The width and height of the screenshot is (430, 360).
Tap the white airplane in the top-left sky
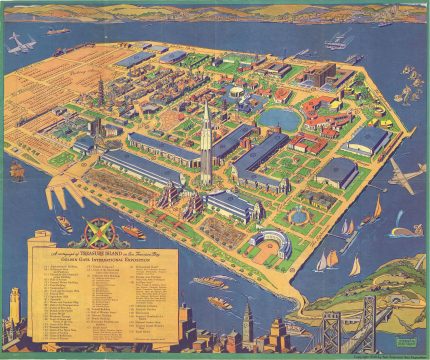pyautogui.click(x=21, y=42)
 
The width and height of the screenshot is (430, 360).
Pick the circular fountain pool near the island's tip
pyautogui.click(x=298, y=214)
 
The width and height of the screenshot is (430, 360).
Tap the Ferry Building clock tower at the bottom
pyautogui.click(x=247, y=323)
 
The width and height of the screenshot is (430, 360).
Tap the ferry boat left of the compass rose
pyautogui.click(x=63, y=223)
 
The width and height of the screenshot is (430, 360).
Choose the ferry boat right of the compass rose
pyautogui.click(x=133, y=231)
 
